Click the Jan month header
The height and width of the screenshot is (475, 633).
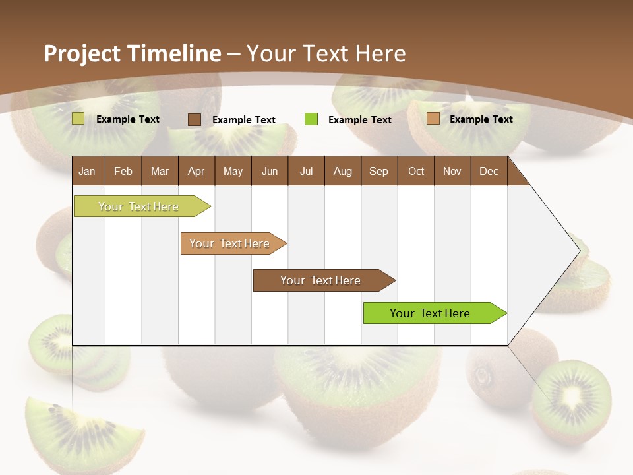point(88,172)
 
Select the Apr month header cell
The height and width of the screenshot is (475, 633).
point(196,172)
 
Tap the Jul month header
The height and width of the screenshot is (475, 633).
point(306,172)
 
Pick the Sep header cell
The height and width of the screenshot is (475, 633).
point(379,172)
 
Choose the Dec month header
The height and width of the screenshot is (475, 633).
point(489,172)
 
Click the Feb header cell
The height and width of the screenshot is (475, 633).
point(123,172)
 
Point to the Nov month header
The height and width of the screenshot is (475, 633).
point(452,172)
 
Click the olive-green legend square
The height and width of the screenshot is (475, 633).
point(78,119)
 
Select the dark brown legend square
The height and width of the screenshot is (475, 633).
point(195,119)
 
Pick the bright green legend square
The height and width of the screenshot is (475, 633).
point(311,119)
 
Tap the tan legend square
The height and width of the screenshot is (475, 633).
point(433,119)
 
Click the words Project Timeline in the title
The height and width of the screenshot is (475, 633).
point(132,53)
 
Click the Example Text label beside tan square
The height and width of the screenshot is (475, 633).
point(481,119)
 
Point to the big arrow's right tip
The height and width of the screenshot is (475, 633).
point(578,251)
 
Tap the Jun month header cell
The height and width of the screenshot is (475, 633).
point(270,172)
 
